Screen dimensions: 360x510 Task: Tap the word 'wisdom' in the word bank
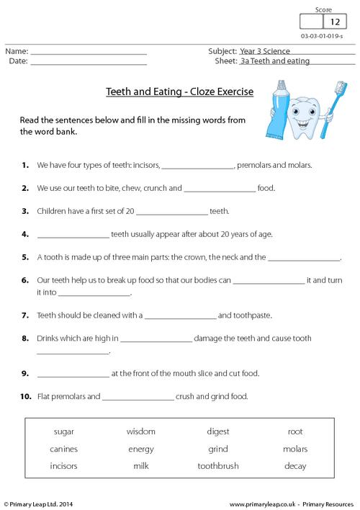pos(140,431)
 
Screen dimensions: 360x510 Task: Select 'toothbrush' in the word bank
pos(217,466)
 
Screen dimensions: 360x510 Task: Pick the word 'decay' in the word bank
pos(295,466)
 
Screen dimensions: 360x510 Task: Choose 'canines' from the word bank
pos(64,449)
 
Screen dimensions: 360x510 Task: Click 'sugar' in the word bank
pos(64,431)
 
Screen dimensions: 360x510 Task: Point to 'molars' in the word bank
pos(295,449)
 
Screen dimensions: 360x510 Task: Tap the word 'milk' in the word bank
pos(140,466)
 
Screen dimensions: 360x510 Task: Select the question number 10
pos(26,396)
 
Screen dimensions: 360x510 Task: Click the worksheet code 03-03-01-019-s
pos(325,35)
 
